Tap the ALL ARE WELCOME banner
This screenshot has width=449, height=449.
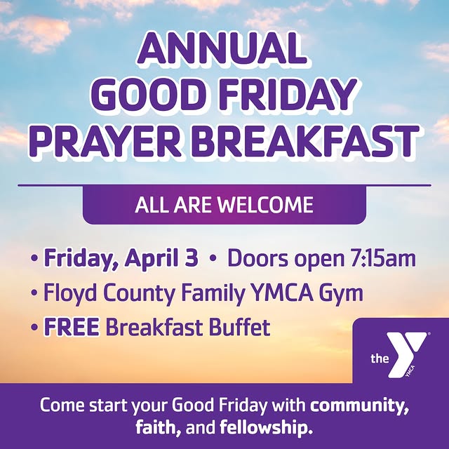(224, 206)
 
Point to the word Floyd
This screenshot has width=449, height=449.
(67, 292)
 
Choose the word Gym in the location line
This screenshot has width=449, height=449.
(342, 293)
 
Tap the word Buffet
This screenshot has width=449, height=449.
(234, 326)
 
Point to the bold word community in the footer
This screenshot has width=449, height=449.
(360, 405)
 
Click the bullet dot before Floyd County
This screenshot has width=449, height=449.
(34, 293)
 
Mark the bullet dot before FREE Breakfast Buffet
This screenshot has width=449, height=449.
(34, 327)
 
